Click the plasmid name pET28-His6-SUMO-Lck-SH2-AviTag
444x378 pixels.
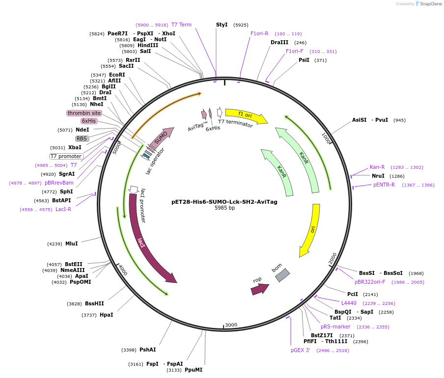coord(224,201)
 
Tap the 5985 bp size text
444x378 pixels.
coord(224,208)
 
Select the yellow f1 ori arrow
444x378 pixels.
coord(246,115)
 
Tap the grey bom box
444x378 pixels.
coord(282,275)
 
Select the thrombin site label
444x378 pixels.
coord(84,113)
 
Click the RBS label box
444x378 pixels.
coord(82,138)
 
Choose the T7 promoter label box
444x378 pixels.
coord(66,156)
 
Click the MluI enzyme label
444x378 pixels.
coord(71,243)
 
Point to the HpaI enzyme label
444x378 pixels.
coord(106,315)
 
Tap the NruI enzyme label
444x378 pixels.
coord(378,176)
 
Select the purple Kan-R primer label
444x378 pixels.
coord(377,167)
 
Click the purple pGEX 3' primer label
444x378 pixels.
coord(301,351)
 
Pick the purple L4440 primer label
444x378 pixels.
coord(349,303)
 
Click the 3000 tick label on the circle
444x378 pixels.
coord(231,325)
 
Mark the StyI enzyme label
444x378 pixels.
coord(222,25)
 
